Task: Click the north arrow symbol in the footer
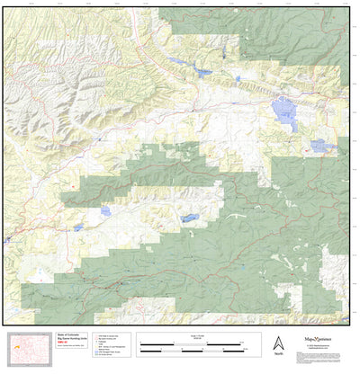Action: tap(278, 343)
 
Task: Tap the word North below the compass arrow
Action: tap(278, 355)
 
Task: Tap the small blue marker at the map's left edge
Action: tap(6, 240)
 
